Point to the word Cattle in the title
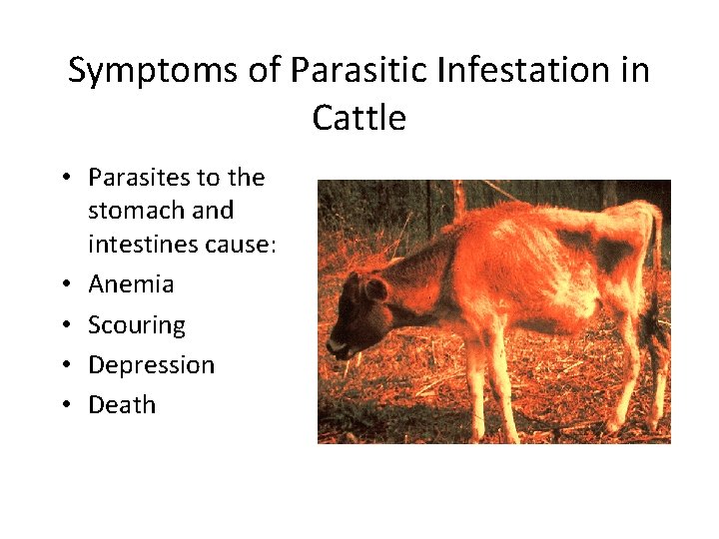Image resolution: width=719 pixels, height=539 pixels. [359, 119]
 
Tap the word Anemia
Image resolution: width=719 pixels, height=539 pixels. [131, 284]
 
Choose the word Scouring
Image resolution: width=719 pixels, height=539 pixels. [137, 325]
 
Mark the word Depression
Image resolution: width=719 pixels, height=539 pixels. [151, 365]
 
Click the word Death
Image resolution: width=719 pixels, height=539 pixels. [122, 405]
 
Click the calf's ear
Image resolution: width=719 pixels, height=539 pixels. [374, 290]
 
